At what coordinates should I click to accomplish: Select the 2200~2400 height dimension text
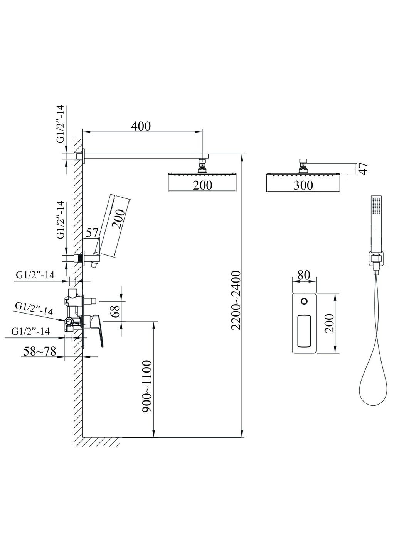tap(236, 300)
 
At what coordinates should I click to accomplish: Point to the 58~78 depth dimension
tap(40, 351)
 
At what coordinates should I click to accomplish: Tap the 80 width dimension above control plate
tap(304, 275)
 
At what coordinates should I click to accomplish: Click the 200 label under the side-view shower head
tap(202, 185)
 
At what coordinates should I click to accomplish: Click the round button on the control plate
tap(304, 301)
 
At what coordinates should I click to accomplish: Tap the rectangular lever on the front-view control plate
tap(304, 330)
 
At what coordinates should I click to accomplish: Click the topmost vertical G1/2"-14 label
tap(61, 124)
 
